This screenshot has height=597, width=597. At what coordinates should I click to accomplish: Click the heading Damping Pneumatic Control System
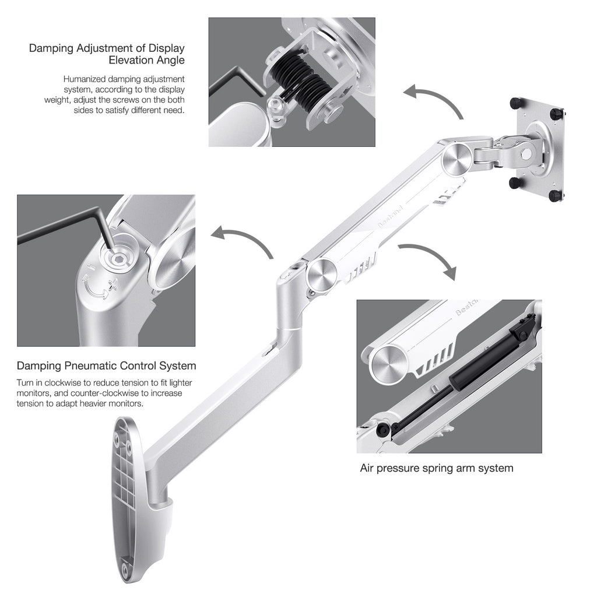pyautogui.click(x=106, y=366)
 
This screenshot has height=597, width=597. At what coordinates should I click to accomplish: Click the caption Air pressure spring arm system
pyautogui.click(x=437, y=468)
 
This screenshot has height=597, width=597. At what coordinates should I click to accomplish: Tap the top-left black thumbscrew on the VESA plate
pyautogui.click(x=515, y=102)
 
